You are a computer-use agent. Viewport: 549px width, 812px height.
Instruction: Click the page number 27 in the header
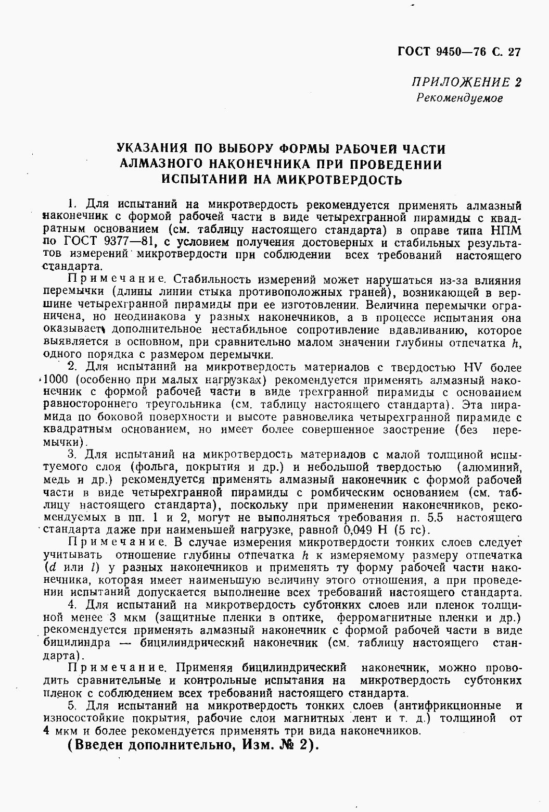pos(514,51)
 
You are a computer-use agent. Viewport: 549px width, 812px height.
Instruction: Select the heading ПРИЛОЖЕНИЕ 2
pos(466,82)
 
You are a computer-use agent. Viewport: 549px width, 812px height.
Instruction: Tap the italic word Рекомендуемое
pos(459,98)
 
